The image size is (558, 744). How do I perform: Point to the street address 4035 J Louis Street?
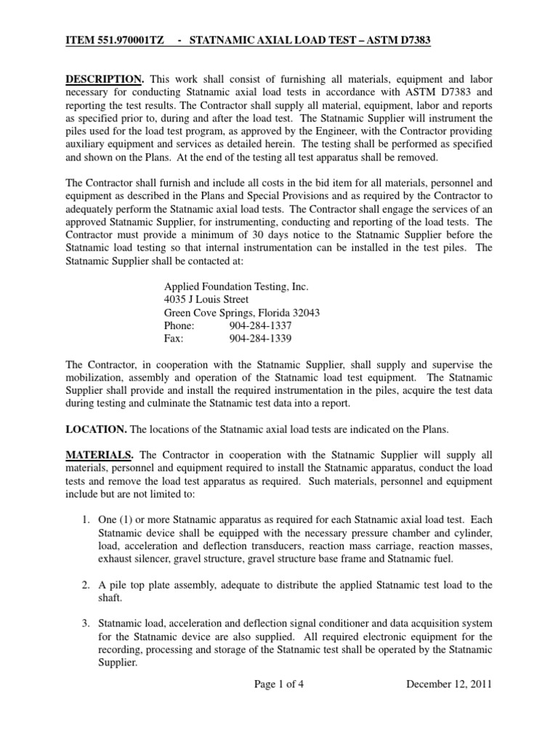206,299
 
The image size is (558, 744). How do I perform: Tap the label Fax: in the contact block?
174,338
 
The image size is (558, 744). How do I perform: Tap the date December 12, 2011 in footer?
449,683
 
